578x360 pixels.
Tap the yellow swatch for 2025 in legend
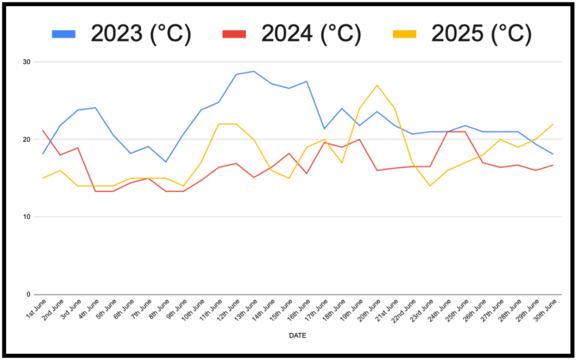pyautogui.click(x=408, y=34)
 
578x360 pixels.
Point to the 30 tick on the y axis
pyautogui.click(x=27, y=62)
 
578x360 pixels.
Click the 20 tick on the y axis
pyautogui.click(x=27, y=140)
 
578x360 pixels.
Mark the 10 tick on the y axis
pyautogui.click(x=27, y=217)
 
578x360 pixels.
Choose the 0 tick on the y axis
pyautogui.click(x=29, y=294)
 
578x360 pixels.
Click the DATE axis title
pyautogui.click(x=297, y=336)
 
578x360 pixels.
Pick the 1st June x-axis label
pyautogui.click(x=35, y=311)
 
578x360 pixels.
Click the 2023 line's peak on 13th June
pyautogui.click(x=254, y=71)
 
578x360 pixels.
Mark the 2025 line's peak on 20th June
pyautogui.click(x=377, y=85)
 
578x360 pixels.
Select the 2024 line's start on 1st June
pyautogui.click(x=42, y=130)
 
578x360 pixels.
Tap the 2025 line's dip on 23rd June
pyautogui.click(x=429, y=186)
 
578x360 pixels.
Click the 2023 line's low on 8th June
pyautogui.click(x=166, y=162)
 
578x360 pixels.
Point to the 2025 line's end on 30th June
pyautogui.click(x=553, y=124)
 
